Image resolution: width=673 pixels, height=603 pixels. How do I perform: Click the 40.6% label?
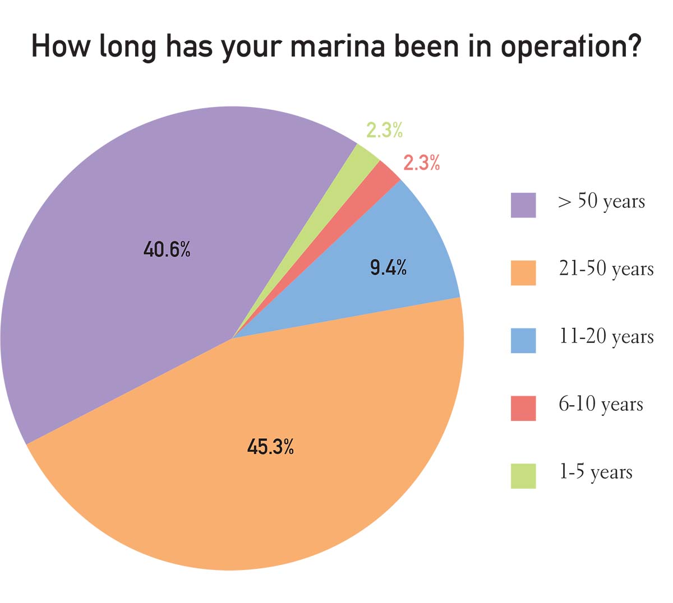pos(167,249)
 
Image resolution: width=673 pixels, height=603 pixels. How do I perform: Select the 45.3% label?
pos(270,447)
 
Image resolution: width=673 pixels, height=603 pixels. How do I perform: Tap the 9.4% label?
pos(388,268)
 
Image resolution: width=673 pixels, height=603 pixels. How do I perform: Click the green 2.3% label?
pos(384,130)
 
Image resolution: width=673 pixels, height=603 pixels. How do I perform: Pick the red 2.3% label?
pos(421,163)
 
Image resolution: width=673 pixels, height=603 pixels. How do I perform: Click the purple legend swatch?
pos(523,205)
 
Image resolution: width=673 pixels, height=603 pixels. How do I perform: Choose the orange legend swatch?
pos(523,273)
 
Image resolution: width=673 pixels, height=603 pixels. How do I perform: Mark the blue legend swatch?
pos(523,341)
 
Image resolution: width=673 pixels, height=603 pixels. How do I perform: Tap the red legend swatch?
pos(523,409)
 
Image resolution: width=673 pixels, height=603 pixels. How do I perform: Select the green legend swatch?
pos(523,476)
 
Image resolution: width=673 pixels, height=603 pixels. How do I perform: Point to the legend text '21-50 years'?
pos(606,270)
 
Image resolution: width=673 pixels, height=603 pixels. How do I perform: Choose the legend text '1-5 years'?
pos(595,472)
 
